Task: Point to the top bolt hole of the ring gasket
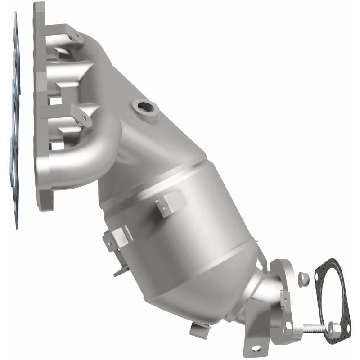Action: pyautogui.click(x=332, y=262)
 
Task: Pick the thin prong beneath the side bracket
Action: pyautogui.click(x=118, y=270)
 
